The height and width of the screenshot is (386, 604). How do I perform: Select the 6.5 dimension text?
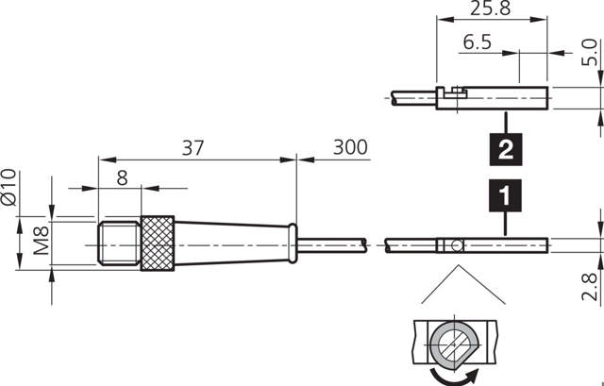point(478,43)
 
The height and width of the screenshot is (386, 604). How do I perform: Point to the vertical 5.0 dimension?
point(588,52)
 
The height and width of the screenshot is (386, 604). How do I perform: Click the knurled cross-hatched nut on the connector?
point(158,244)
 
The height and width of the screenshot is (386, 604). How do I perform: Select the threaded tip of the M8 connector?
point(119,244)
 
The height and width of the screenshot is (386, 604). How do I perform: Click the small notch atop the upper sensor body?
point(456,91)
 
